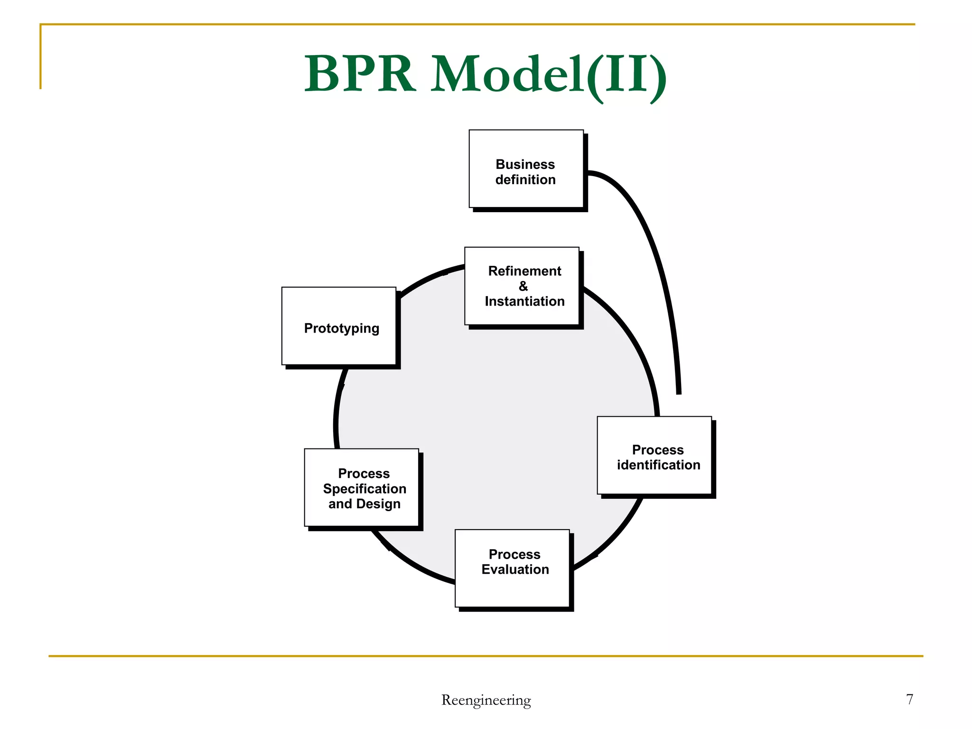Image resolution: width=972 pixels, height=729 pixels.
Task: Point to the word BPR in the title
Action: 359,75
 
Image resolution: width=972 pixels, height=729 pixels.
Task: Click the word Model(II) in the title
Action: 549,75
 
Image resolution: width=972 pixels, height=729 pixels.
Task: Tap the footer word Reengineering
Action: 486,700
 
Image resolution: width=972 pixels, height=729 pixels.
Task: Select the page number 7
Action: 909,699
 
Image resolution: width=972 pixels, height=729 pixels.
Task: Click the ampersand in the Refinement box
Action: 523,286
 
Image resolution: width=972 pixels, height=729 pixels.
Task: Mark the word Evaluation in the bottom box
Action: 515,570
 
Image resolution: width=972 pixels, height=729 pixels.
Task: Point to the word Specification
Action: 364,489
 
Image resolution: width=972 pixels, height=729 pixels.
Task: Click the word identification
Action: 658,465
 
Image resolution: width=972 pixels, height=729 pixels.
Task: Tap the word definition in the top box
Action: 525,180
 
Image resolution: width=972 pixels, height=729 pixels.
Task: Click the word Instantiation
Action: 524,301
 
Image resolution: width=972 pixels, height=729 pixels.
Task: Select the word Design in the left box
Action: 378,504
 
